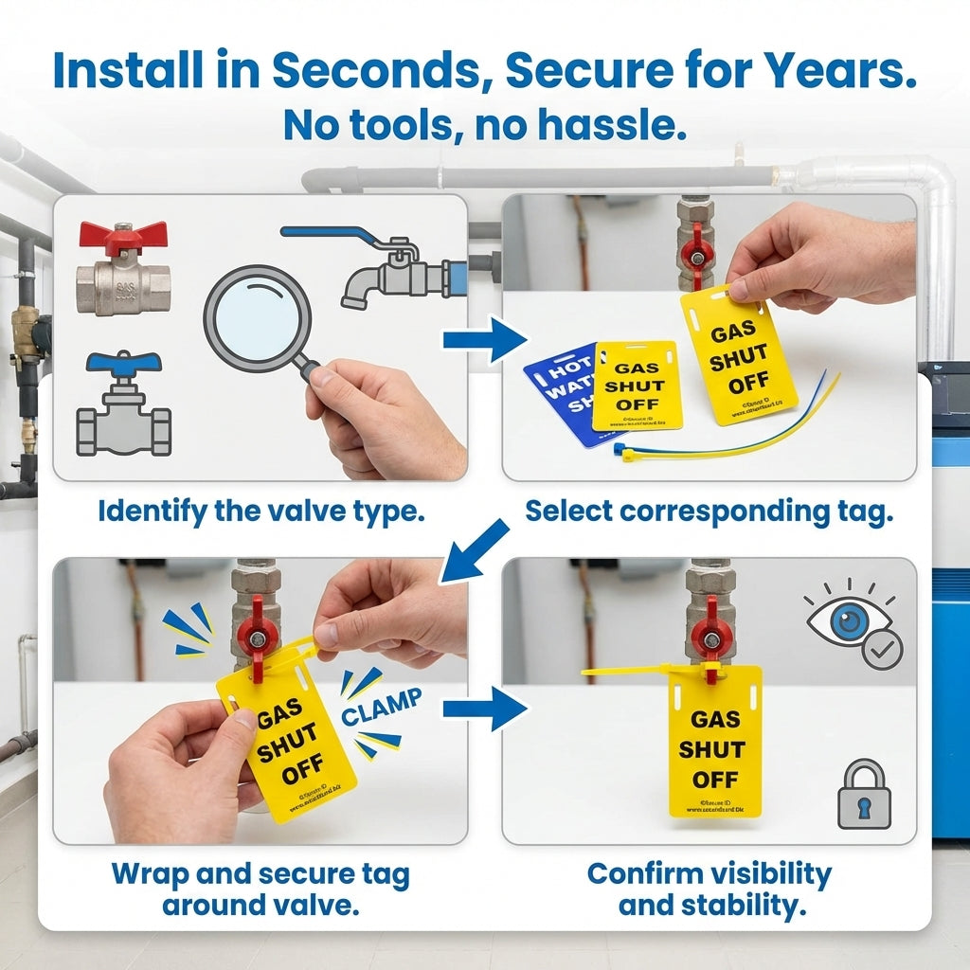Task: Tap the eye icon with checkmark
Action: coord(853,624)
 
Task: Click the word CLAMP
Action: coord(382,709)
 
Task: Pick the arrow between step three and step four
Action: coord(484,708)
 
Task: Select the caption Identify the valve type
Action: coord(260,512)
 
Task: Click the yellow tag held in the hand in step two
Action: coord(739,355)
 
